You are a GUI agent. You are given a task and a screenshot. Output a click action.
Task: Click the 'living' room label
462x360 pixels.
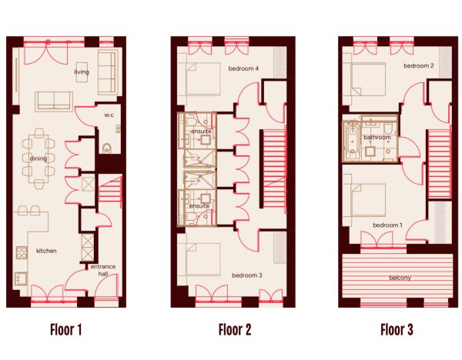pyautogui.click(x=82, y=72)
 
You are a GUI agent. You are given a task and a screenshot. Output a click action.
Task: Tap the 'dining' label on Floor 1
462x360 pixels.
pyautogui.click(x=38, y=158)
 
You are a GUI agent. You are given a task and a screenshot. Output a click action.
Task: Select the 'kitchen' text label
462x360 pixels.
pyautogui.click(x=46, y=251)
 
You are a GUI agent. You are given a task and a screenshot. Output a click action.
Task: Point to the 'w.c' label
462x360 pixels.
pyautogui.click(x=109, y=115)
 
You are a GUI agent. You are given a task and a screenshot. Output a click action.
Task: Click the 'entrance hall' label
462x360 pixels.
pyautogui.click(x=103, y=270)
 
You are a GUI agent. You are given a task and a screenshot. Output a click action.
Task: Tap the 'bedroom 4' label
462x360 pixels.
pyautogui.click(x=243, y=68)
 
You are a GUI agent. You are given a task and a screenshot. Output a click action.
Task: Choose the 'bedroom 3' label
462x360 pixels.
pyautogui.click(x=247, y=275)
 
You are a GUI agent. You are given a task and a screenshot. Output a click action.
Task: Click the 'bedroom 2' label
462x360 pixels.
pyautogui.click(x=419, y=65)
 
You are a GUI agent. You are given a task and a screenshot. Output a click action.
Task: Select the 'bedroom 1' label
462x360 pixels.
pyautogui.click(x=388, y=225)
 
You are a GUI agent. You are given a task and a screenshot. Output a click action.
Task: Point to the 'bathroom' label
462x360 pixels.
pyautogui.click(x=377, y=138)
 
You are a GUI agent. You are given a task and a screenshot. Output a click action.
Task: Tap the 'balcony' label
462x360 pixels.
pyautogui.click(x=400, y=278)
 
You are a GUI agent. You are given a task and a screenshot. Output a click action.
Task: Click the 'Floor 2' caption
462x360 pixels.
pyautogui.click(x=235, y=330)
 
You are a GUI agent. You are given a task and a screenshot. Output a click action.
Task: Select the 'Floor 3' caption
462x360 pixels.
pyautogui.click(x=397, y=330)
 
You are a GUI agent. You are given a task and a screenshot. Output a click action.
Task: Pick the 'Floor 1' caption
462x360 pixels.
pyautogui.click(x=65, y=330)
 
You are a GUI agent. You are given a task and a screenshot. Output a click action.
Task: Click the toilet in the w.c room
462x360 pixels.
pyautogui.click(x=107, y=148)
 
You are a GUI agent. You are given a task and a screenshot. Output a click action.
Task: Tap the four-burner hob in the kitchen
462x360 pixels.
pyautogui.click(x=22, y=252)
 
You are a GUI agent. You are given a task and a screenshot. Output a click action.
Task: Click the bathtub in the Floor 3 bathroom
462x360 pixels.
pyautogui.click(x=352, y=141)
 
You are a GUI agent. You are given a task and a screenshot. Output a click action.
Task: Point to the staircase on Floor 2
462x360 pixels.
pyautogui.click(x=274, y=168)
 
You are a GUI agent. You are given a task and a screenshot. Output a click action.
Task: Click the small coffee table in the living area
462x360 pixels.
pyautogui.click(x=82, y=72)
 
